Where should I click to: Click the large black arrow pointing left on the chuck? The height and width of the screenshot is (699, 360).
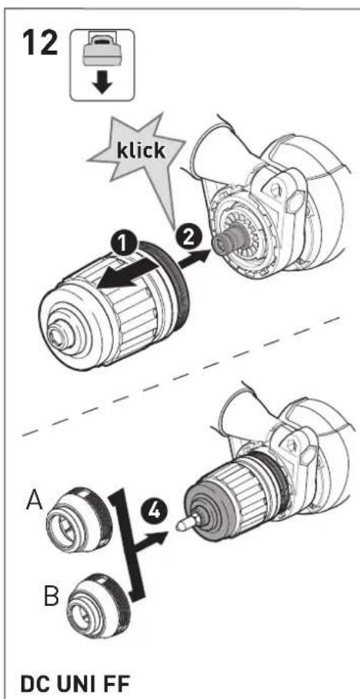pos(126,275)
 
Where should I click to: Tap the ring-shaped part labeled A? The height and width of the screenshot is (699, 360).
pos(80,518)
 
